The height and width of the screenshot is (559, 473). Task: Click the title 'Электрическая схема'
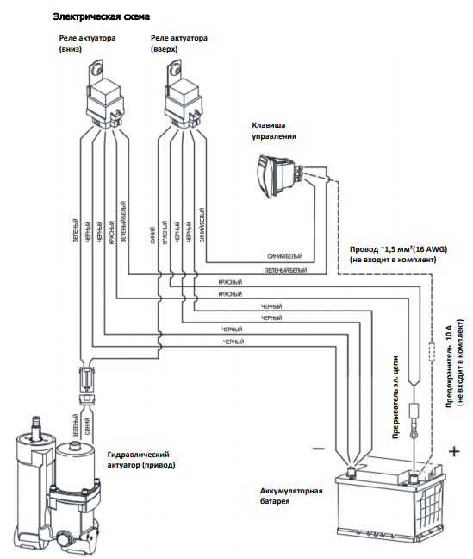tap(101, 16)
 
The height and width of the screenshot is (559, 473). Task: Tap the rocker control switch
tap(280, 175)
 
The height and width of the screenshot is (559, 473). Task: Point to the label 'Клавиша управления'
tap(274, 131)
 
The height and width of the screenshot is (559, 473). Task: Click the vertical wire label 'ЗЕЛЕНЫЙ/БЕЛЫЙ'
tap(123, 222)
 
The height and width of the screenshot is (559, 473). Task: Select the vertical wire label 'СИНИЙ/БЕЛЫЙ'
tap(202, 225)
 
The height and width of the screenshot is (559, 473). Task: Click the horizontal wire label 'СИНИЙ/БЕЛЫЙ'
tap(285, 256)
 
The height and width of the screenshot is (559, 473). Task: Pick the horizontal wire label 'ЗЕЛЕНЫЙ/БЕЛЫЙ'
tap(286, 270)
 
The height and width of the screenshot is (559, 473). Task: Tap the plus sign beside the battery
tap(454, 451)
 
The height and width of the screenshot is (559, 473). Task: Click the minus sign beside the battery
tap(319, 449)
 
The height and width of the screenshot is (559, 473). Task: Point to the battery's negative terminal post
tap(351, 473)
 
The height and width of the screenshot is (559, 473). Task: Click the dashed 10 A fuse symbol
tap(432, 351)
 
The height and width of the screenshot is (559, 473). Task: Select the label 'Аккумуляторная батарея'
tap(291, 496)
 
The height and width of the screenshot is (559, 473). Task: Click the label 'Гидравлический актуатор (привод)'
tap(141, 460)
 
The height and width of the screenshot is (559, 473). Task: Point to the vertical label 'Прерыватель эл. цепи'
tap(395, 397)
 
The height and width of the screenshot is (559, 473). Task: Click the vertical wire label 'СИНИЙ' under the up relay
tap(152, 236)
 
